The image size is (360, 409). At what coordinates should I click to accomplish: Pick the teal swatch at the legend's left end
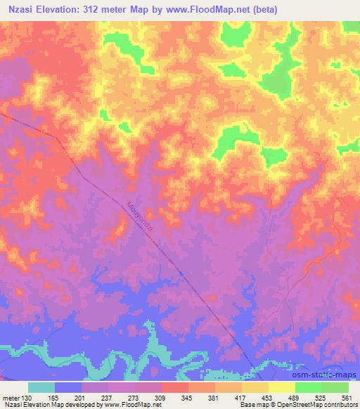(x=41, y=387)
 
